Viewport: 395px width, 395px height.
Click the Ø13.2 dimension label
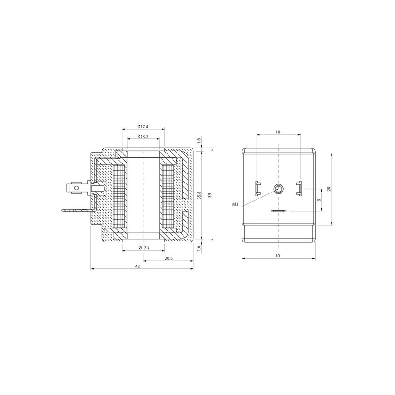[143, 136]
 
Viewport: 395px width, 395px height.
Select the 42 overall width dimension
[138, 266]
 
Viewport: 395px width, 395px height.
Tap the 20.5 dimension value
[168, 258]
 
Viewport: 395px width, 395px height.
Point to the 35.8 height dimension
[199, 196]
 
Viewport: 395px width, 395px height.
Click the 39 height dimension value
[210, 195]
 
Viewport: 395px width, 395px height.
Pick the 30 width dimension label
[277, 256]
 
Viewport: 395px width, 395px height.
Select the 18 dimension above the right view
[278, 132]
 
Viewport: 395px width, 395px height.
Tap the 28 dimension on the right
[328, 189]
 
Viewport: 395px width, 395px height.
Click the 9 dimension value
[319, 200]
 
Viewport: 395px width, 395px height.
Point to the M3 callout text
[235, 205]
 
